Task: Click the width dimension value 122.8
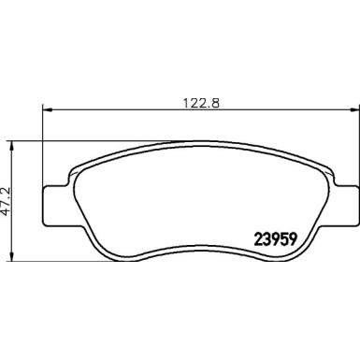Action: (x=195, y=105)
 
